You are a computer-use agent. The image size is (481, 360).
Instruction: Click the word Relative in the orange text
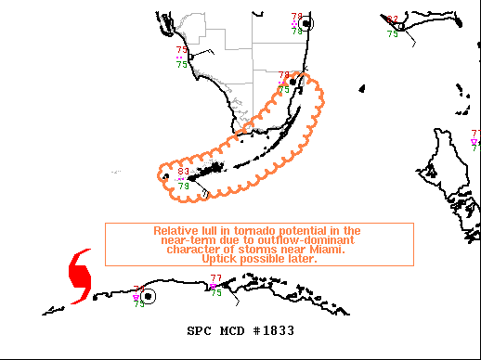[175, 230]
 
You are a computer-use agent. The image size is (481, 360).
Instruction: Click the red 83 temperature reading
[184, 172]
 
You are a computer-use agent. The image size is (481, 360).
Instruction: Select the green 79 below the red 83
[184, 186]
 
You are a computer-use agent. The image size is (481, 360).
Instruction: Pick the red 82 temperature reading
[393, 19]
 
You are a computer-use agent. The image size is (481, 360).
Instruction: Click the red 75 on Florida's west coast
[182, 50]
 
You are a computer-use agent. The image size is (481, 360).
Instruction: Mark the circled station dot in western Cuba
[149, 296]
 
